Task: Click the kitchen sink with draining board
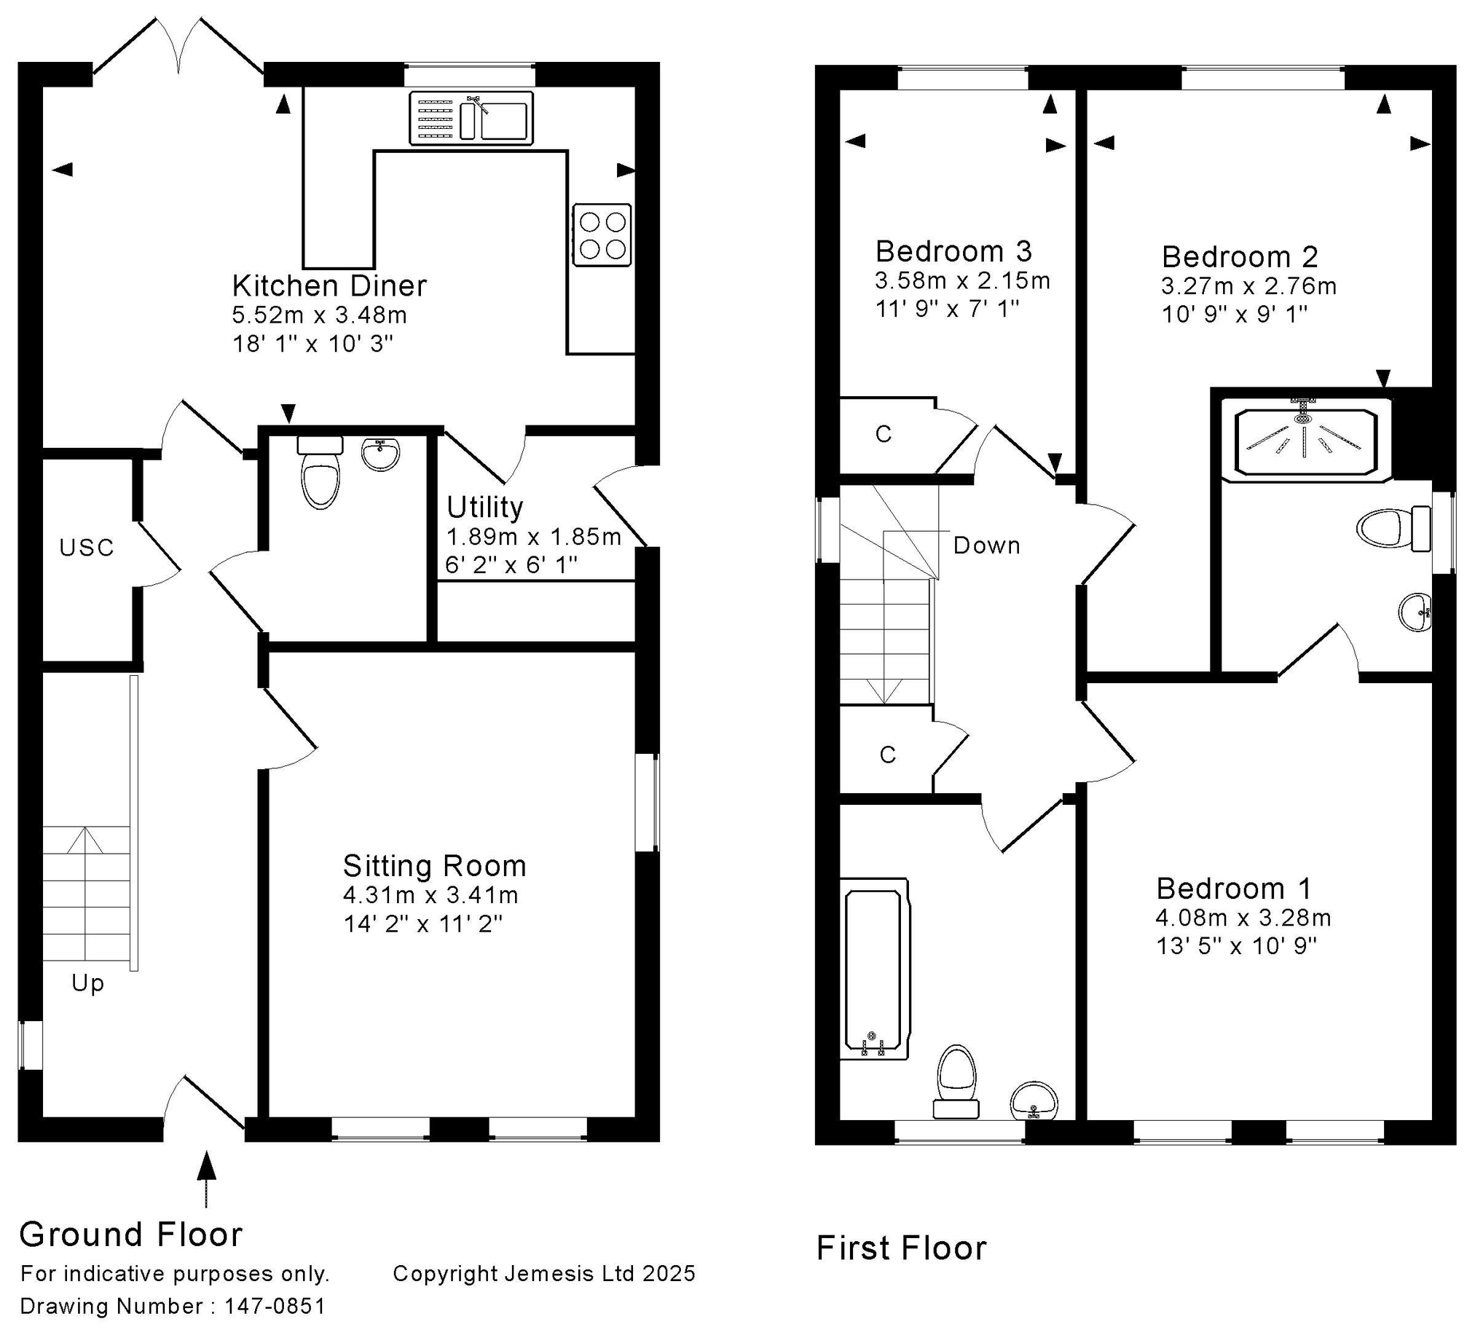tap(471, 118)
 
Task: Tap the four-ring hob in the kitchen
tap(602, 235)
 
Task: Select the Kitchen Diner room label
tap(329, 286)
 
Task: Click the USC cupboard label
tap(87, 547)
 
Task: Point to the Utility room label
tap(484, 507)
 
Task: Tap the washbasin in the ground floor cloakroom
tap(380, 454)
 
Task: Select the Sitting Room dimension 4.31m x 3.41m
tap(431, 894)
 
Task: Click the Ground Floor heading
tap(131, 1234)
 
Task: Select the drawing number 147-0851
tap(275, 1306)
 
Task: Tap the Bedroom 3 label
tap(953, 252)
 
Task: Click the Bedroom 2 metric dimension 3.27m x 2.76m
tap(1248, 286)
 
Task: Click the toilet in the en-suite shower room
tap(1393, 528)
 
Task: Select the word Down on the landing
tap(986, 545)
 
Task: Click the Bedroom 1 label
tap(1234, 889)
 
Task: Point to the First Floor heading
tap(902, 1248)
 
